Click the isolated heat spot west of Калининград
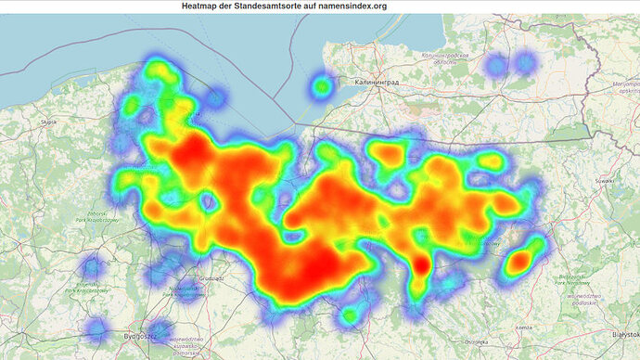(322, 86)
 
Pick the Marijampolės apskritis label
(616, 88)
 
